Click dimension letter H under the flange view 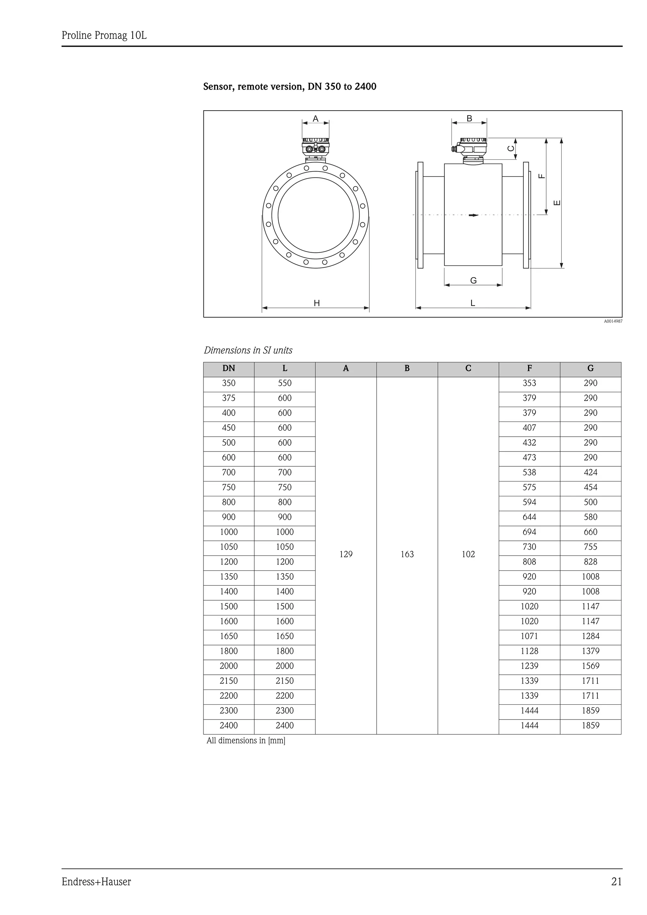pos(317,304)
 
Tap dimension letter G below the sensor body pos(473,281)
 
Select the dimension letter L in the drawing pos(473,303)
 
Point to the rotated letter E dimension pos(557,203)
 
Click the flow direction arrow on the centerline pos(473,215)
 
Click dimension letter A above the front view pos(315,119)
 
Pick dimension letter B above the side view pos(469,119)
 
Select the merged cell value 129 pos(346,554)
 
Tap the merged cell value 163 pos(407,554)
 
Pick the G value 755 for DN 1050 pos(590,547)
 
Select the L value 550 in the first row pos(285,383)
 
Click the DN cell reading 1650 pos(228,637)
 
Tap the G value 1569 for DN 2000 pos(590,666)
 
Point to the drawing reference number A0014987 pos(613,321)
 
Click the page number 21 pos(616,882)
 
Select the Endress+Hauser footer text pos(96,882)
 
